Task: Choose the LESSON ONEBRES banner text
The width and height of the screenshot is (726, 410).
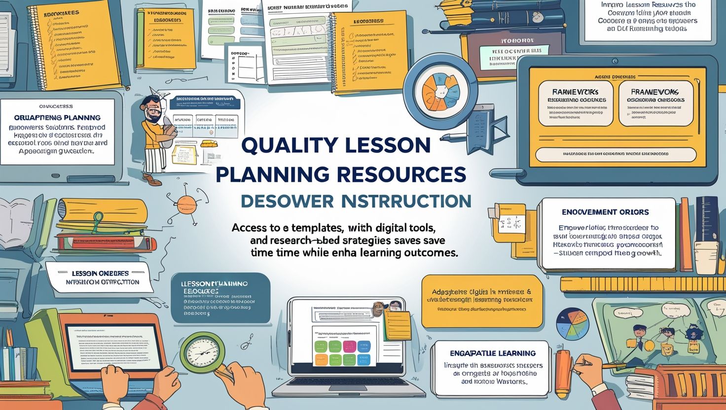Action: pyautogui.click(x=100, y=273)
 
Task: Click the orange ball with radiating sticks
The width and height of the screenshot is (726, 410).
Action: pyautogui.click(x=186, y=203)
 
